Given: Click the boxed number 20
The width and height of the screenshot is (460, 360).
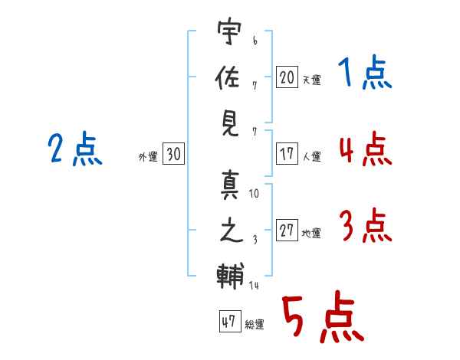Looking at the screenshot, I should click(x=287, y=77).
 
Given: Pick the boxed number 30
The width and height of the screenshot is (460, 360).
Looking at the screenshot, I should click(x=173, y=154).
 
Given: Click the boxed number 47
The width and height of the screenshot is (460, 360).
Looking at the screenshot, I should click(x=228, y=322).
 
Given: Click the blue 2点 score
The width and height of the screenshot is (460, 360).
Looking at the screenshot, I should click(x=74, y=150).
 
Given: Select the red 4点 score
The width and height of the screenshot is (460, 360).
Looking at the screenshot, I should click(x=365, y=149).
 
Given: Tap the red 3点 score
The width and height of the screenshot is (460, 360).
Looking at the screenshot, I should click(x=365, y=227).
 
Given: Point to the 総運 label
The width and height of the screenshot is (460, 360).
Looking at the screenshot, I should click(x=254, y=325).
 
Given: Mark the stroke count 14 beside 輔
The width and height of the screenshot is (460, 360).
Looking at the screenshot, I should click(x=254, y=286).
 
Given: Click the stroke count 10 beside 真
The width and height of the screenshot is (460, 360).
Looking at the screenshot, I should click(x=254, y=194).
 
